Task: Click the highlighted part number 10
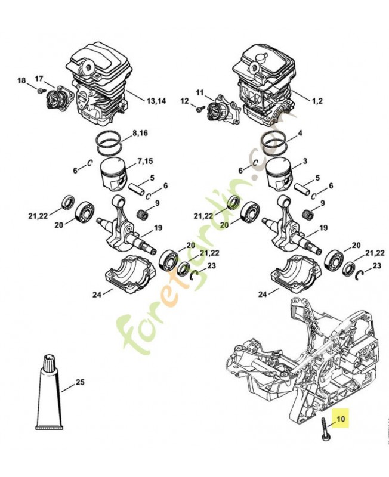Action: click(341, 419)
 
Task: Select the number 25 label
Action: click(81, 381)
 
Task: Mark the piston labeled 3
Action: click(277, 175)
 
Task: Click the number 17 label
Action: click(40, 78)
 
